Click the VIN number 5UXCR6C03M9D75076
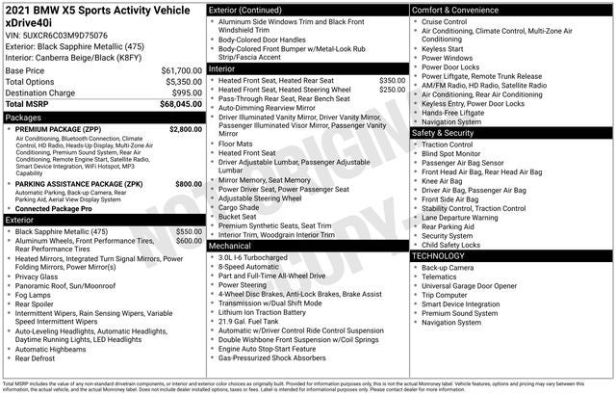click(65, 35)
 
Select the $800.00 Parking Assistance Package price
click(189, 183)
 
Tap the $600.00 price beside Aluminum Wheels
click(189, 241)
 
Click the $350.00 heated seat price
click(392, 80)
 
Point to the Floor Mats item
click(236, 144)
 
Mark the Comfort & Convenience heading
click(458, 9)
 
